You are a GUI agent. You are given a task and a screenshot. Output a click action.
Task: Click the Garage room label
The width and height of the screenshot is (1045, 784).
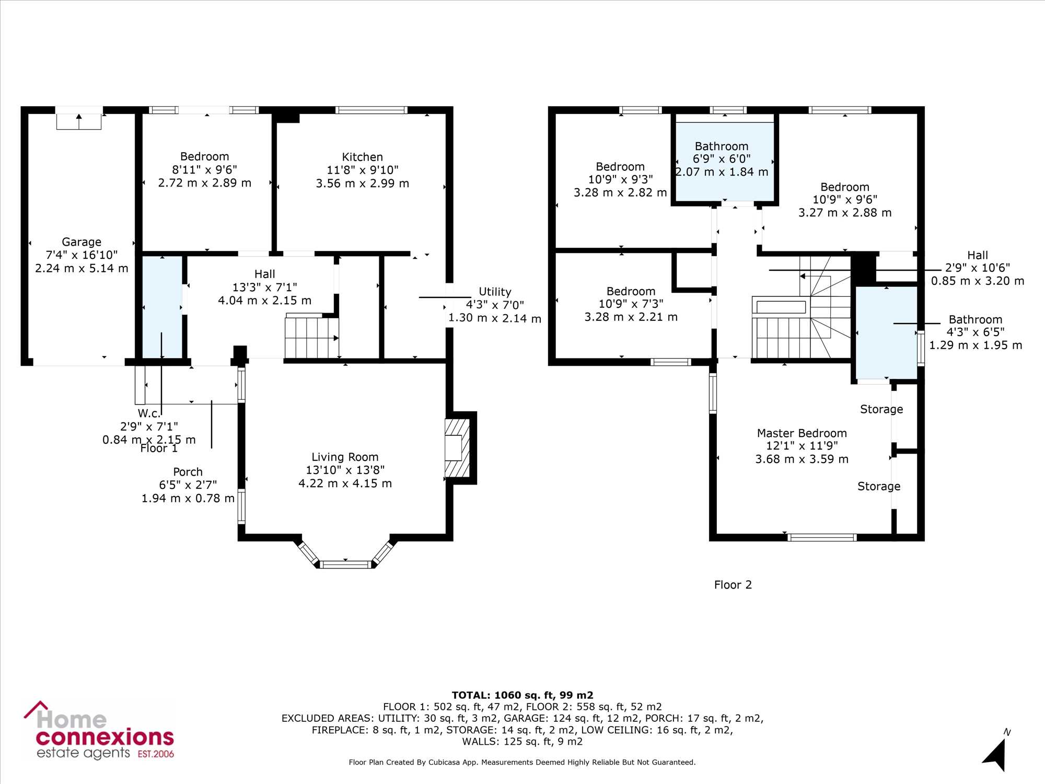coord(82,242)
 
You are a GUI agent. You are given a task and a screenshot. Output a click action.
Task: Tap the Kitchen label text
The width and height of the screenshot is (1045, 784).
coord(362,157)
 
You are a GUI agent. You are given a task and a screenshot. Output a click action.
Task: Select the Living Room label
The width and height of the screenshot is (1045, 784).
coord(345,457)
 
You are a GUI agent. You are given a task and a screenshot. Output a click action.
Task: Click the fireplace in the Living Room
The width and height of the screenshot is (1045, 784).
coord(457,448)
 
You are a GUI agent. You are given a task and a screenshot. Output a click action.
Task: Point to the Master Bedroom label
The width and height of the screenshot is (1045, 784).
coord(802,433)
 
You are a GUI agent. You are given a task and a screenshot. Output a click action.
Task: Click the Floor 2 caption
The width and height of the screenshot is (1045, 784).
coord(733,585)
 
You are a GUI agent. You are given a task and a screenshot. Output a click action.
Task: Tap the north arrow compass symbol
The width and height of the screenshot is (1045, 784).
coord(997,753)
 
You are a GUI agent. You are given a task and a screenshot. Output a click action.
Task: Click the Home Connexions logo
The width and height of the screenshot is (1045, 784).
coord(99,731)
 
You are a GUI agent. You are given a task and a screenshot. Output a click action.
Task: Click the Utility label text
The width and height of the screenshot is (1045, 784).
coord(495,292)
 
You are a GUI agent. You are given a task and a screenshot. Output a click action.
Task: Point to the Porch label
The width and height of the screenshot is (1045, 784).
coord(188,472)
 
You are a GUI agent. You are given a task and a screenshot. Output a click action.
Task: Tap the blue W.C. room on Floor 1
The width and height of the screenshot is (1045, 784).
coord(162,307)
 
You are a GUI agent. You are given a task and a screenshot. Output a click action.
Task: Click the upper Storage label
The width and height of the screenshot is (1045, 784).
coord(881,409)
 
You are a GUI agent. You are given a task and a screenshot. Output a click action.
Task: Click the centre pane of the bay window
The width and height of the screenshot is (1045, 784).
coord(345,564)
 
